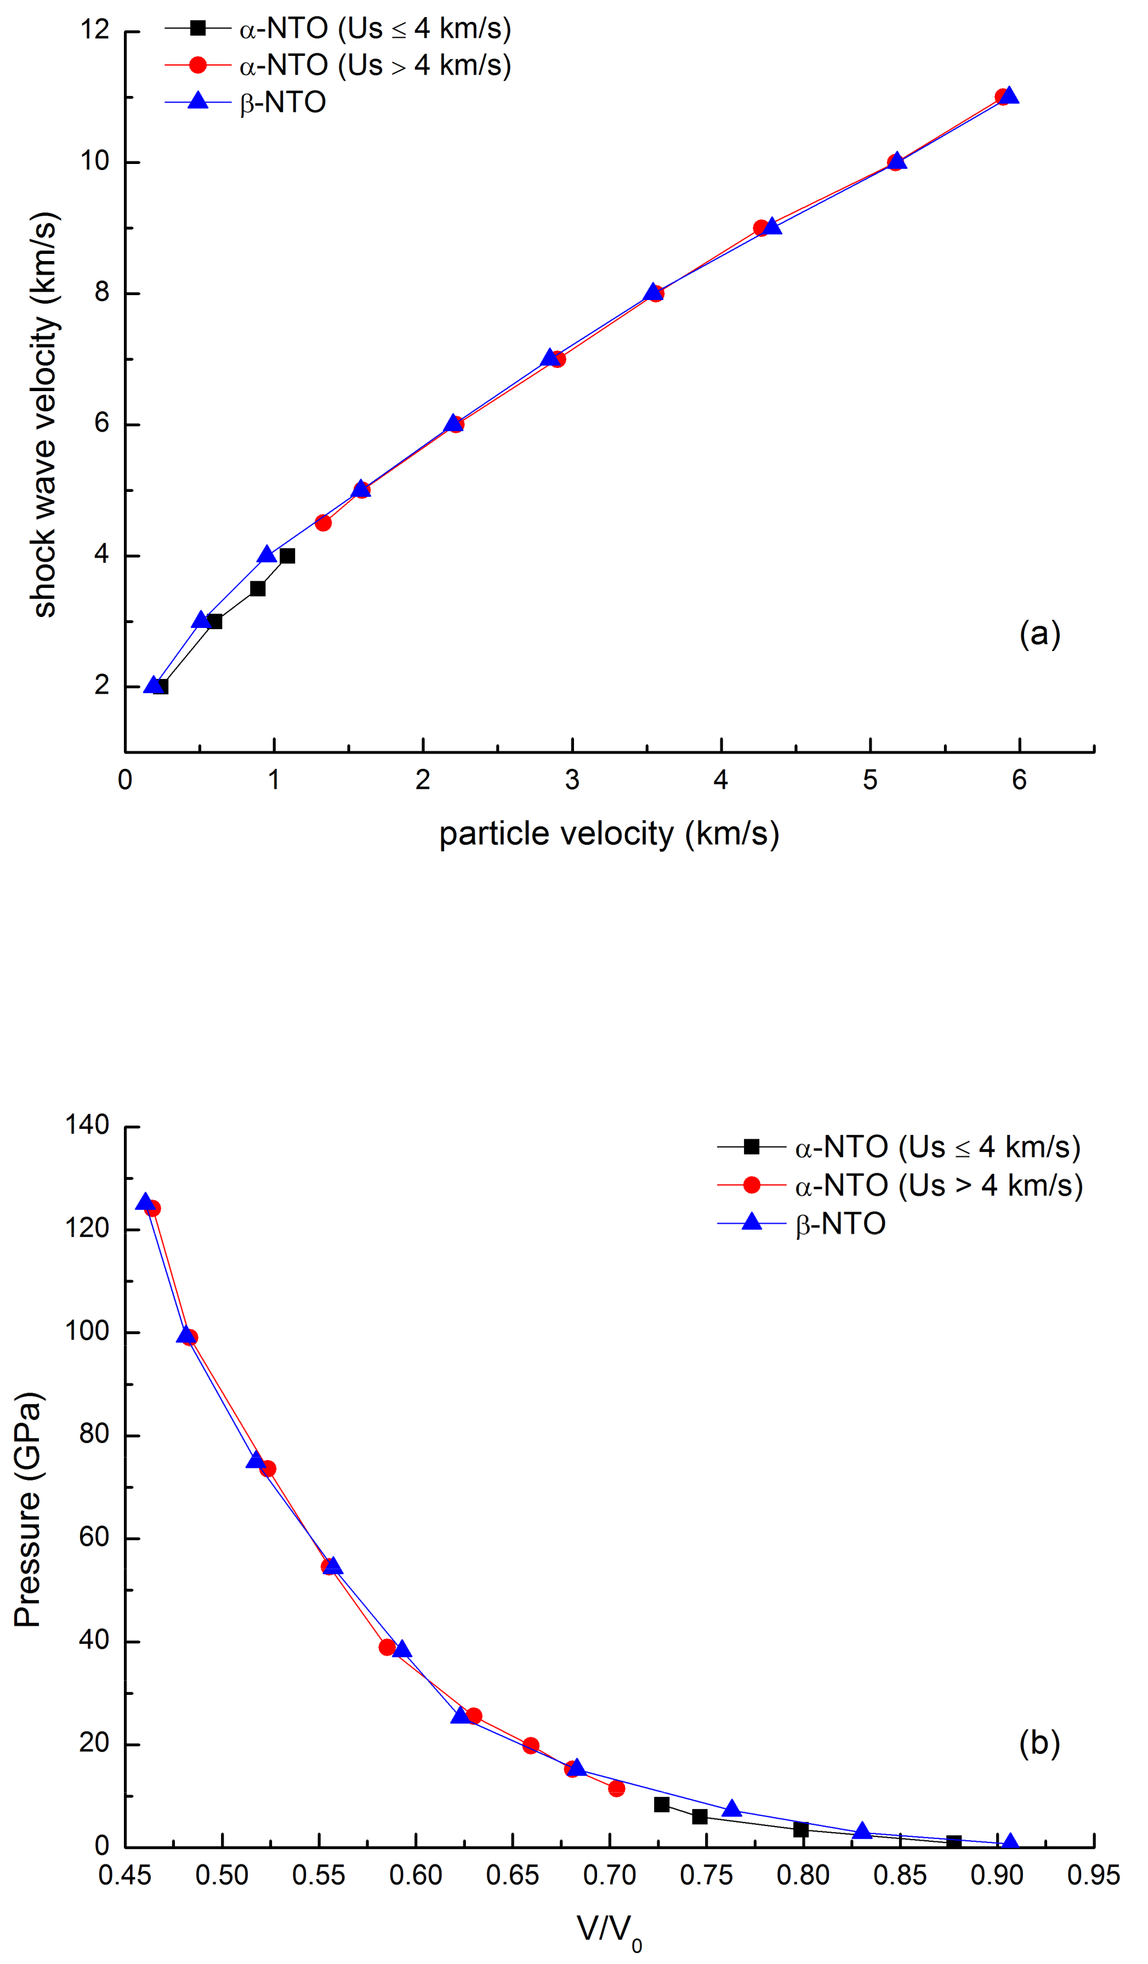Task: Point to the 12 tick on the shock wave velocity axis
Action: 95,30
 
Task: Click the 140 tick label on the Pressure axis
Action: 87,1125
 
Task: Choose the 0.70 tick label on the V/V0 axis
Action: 609,1876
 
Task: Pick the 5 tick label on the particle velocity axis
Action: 870,780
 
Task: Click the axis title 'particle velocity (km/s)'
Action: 609,833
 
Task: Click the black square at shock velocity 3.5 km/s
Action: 258,588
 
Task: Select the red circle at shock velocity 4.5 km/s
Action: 323,523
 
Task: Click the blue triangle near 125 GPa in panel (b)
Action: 145,1202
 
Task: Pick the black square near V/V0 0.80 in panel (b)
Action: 801,1830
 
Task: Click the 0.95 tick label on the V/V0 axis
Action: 1093,1876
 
